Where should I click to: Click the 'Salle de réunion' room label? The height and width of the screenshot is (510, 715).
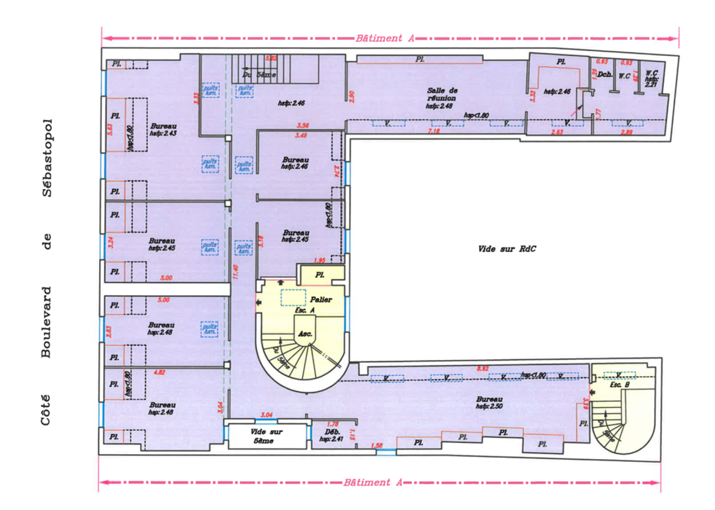(x=442, y=94)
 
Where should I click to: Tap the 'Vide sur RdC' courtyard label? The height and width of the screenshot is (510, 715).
(x=507, y=249)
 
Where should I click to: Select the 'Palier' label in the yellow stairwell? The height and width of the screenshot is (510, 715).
(x=321, y=300)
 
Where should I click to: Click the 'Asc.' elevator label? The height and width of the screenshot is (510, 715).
(x=305, y=334)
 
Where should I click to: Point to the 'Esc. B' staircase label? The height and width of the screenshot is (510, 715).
(x=619, y=385)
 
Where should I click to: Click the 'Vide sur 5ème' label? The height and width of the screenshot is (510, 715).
(x=266, y=436)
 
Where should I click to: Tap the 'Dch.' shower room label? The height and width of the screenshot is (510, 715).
(x=605, y=75)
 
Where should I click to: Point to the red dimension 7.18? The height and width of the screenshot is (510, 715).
(x=433, y=131)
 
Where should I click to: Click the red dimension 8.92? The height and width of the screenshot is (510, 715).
(x=483, y=368)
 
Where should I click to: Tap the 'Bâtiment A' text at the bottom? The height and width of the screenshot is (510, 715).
(x=373, y=482)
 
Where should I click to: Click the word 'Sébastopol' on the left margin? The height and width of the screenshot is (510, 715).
(x=47, y=158)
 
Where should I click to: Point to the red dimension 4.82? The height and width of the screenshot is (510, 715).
(x=159, y=372)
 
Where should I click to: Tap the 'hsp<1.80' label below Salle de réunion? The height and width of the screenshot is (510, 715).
(x=476, y=115)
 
